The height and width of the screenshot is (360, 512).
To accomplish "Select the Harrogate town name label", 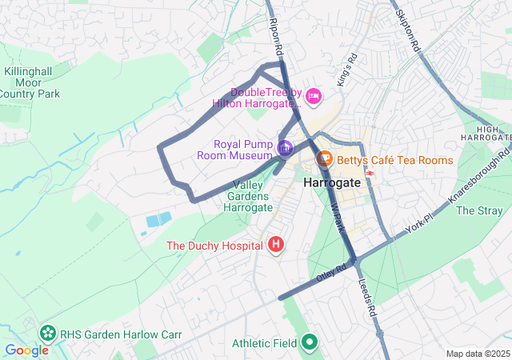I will click(332, 183).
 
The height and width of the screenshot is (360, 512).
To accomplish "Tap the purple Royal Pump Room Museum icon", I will click(284, 148).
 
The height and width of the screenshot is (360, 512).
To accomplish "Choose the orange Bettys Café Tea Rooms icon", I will click(326, 160).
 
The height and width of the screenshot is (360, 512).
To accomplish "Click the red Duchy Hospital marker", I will click(276, 244).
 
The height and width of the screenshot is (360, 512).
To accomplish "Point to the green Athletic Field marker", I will click(310, 343).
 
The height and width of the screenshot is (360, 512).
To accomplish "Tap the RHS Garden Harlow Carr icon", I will click(48, 334).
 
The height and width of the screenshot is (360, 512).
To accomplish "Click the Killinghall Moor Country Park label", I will click(31, 82).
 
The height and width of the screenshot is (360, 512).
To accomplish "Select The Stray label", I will click(478, 211).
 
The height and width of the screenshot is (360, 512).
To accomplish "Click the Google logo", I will click(26, 350).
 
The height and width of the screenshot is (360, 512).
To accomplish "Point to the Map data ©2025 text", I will click(477, 354).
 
